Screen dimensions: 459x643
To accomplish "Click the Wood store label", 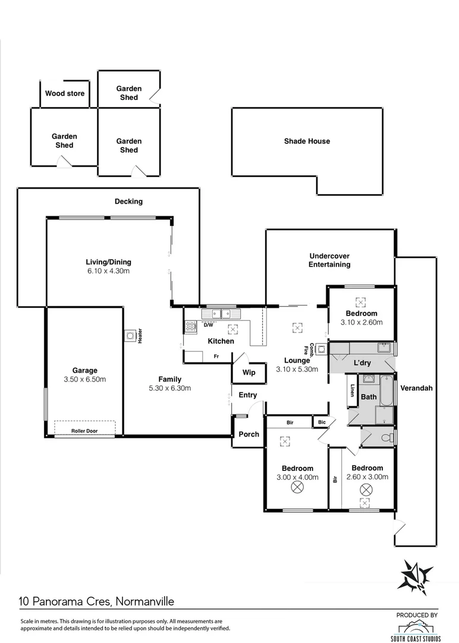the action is [x=65, y=93].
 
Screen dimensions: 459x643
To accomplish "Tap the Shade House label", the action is [x=307, y=141].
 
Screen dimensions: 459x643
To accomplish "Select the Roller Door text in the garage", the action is [x=84, y=430].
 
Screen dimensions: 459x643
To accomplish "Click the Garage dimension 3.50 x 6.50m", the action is [x=85, y=379].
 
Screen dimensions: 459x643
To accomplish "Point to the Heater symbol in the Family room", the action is [x=130, y=336].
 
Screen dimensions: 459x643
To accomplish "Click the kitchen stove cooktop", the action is [x=191, y=326].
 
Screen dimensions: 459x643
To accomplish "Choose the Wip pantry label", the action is [x=249, y=373].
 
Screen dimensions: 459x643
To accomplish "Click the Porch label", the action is [x=249, y=434].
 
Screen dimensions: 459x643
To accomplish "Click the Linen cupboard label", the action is [x=352, y=391].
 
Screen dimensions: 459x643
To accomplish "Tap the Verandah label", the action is [x=416, y=388].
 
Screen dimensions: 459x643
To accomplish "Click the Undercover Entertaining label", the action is [x=329, y=260].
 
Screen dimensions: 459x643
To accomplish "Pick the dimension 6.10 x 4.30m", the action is [x=108, y=271].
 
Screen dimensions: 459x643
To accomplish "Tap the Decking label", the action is [x=128, y=201].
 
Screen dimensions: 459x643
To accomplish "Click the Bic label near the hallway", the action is [x=322, y=423].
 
